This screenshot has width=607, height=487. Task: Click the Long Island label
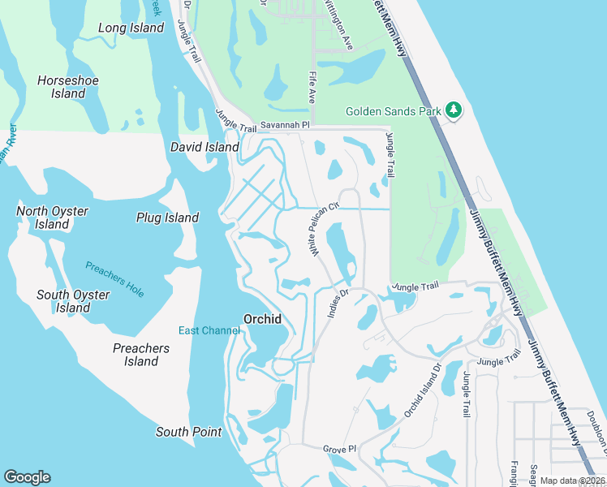131,28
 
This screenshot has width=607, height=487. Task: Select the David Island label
204,148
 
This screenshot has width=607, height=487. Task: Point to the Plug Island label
167,218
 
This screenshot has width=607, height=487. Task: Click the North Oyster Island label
52,218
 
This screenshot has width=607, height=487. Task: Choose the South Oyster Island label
73,301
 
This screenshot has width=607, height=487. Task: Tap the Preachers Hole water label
114,279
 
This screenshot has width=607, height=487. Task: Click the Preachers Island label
140,355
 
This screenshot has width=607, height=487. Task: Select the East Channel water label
209,330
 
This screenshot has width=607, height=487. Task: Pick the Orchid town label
263,319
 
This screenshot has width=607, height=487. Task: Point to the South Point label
188,432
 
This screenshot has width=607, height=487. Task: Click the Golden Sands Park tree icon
454,110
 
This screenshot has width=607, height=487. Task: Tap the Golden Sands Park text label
393,111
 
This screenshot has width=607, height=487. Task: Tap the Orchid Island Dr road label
421,393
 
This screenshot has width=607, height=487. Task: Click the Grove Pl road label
339,449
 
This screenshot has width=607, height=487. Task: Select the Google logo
27,477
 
